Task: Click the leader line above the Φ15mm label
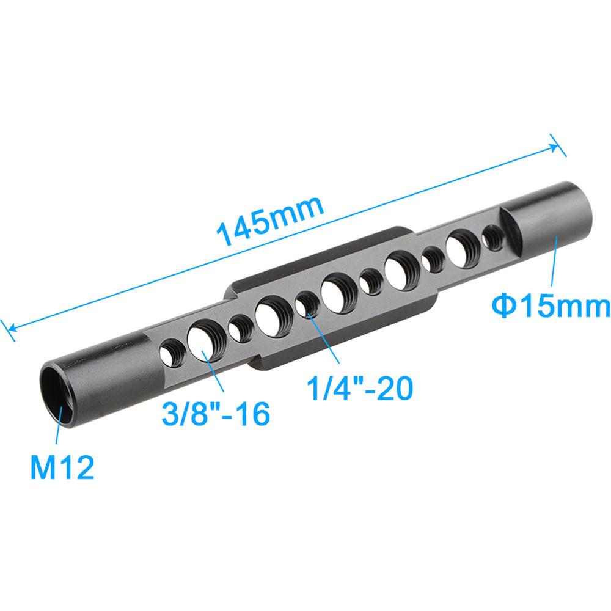[x=555, y=262]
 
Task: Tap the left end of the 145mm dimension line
[x=7, y=327]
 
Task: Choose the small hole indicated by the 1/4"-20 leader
[x=305, y=302]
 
